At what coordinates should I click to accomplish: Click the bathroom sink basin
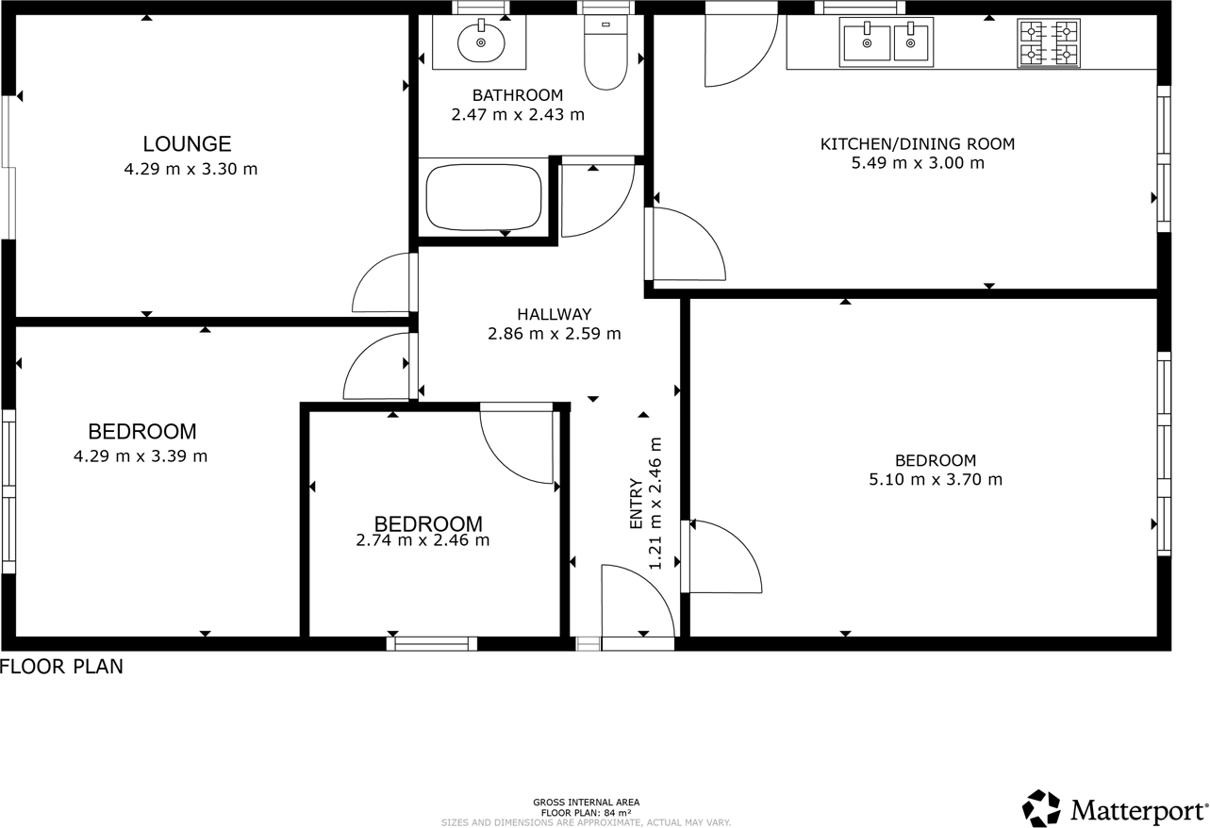pyautogui.click(x=481, y=41)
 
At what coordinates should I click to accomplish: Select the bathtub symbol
pyautogui.click(x=483, y=197)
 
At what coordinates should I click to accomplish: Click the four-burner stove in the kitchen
pyautogui.click(x=1048, y=43)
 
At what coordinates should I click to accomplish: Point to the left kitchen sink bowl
pyautogui.click(x=867, y=42)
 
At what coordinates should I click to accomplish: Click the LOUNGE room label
pyautogui.click(x=187, y=144)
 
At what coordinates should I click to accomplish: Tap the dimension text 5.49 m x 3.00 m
pyautogui.click(x=917, y=163)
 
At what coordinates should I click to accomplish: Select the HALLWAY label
pyautogui.click(x=554, y=314)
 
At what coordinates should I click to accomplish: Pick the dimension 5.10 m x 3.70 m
pyautogui.click(x=935, y=479)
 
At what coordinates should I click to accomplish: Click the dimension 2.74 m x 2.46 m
pyautogui.click(x=423, y=540)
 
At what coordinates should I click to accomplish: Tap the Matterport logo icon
pyautogui.click(x=1041, y=808)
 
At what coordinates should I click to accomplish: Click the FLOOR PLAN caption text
pyautogui.click(x=62, y=667)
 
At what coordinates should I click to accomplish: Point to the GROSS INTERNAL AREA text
pyautogui.click(x=586, y=803)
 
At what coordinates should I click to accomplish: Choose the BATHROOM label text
pyautogui.click(x=517, y=95)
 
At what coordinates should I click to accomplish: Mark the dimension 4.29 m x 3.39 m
pyautogui.click(x=140, y=456)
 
